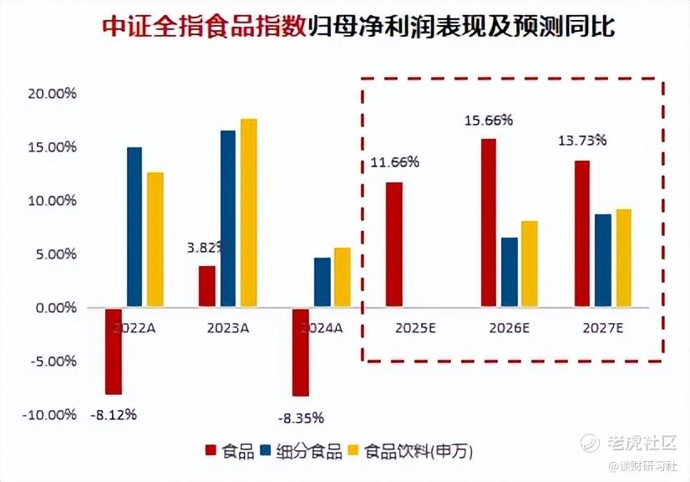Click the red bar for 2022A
(x=113, y=351)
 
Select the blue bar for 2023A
(x=228, y=219)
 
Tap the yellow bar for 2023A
(x=248, y=213)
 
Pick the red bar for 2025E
(x=393, y=245)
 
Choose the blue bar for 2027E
(x=602, y=261)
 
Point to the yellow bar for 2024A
(x=342, y=278)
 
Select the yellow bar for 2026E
(x=529, y=264)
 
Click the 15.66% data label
(x=489, y=120)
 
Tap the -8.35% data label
(x=301, y=418)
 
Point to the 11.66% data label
(x=393, y=162)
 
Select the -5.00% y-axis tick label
(x=52, y=361)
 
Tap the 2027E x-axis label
(x=603, y=328)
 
